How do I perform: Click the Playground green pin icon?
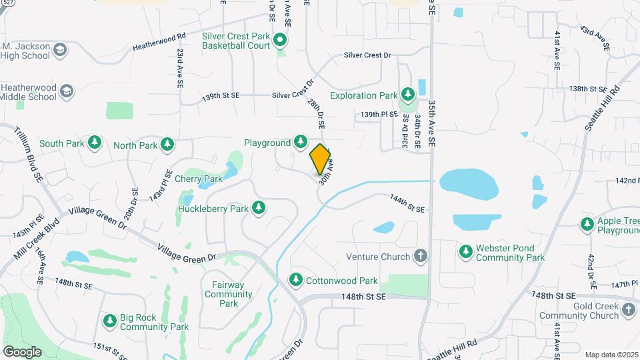(x=301, y=142)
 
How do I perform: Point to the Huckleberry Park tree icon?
(x=259, y=209)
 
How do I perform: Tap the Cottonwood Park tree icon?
(x=295, y=280)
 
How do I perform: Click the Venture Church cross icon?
(x=421, y=256)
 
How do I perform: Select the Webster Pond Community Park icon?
(x=466, y=251)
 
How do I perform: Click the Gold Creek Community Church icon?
(x=629, y=309)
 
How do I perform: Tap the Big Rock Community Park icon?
(x=110, y=321)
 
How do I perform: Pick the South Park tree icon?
(x=95, y=143)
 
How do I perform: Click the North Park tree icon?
(x=168, y=145)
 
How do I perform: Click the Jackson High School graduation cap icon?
(x=60, y=51)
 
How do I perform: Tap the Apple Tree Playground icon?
(x=587, y=224)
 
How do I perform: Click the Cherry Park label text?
(x=198, y=179)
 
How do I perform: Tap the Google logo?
(x=21, y=351)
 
